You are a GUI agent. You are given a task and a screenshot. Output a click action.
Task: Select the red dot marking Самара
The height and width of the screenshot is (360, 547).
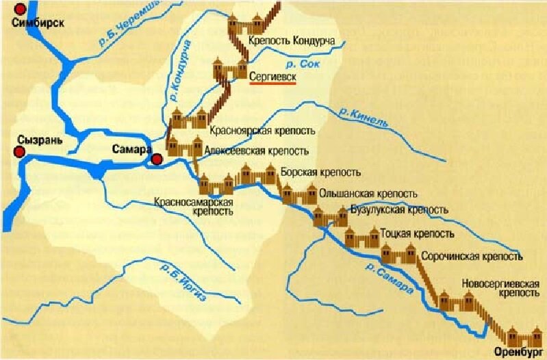tap(157, 159)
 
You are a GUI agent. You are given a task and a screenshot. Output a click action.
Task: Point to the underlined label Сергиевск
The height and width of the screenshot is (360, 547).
tap(272, 78)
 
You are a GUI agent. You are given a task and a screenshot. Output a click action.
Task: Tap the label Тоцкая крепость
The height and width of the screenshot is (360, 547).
tap(416, 233)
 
